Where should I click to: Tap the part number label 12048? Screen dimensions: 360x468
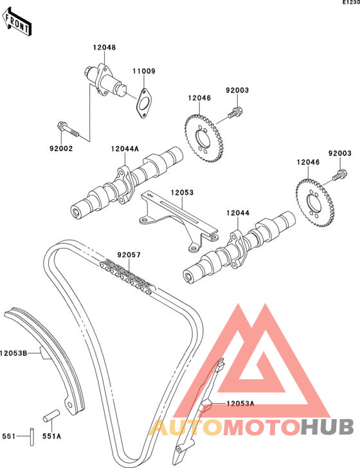pyautogui.click(x=104, y=48)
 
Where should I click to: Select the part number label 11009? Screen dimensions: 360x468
pyautogui.click(x=144, y=71)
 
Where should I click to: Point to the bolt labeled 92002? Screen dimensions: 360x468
pyautogui.click(x=67, y=129)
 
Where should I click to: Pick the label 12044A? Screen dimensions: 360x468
pyautogui.click(x=125, y=148)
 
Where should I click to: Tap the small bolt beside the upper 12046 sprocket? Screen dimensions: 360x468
pyautogui.click(x=236, y=113)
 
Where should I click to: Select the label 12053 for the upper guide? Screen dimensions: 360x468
pyautogui.click(x=182, y=192)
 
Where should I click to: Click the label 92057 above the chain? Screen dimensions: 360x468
pyautogui.click(x=129, y=255)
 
